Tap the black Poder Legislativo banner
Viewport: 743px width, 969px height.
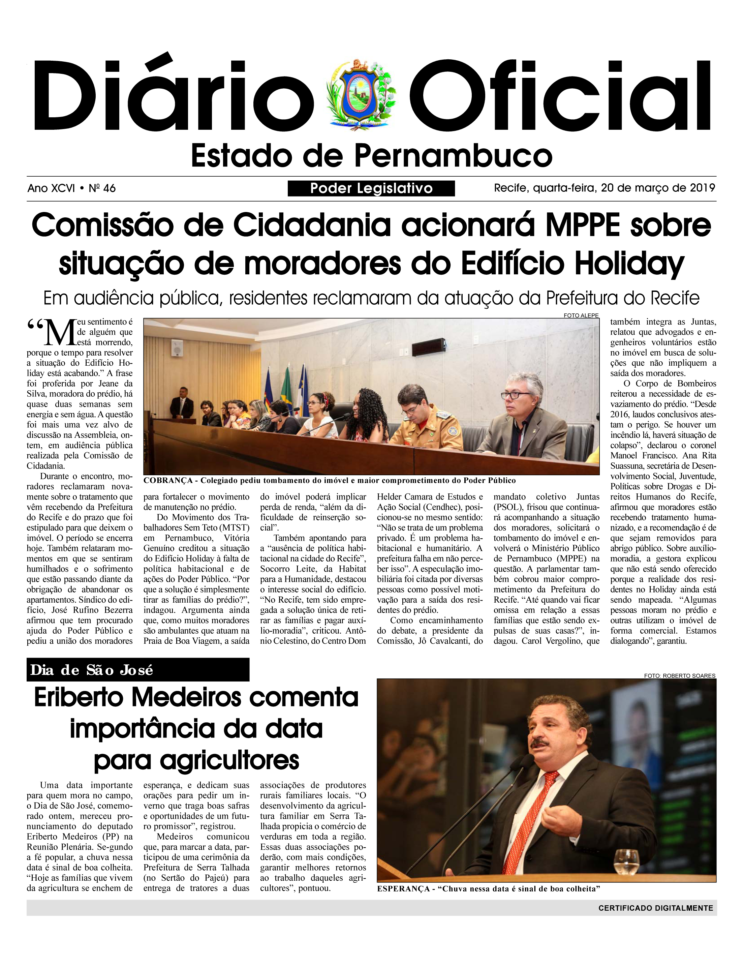coord(371,188)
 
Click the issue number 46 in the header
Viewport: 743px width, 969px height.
coord(109,188)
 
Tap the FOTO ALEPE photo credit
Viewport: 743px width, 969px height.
coord(581,315)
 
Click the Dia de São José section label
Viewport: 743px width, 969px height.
coord(92,670)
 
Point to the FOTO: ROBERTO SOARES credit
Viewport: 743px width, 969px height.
coord(679,676)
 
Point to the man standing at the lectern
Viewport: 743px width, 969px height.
coord(182,402)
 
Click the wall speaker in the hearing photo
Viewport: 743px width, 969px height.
coord(177,349)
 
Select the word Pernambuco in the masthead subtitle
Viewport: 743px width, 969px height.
coord(453,156)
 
